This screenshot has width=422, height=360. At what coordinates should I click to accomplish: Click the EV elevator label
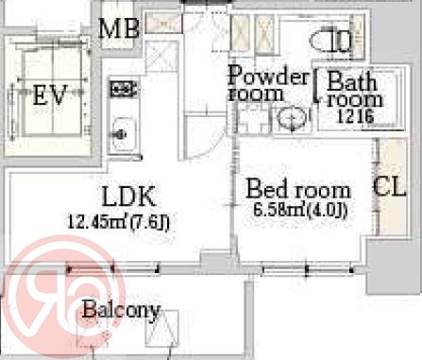pyautogui.click(x=50, y=95)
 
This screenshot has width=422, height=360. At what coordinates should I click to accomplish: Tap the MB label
pyautogui.click(x=119, y=28)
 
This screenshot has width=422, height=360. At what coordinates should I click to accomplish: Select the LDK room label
pyautogui.click(x=129, y=197)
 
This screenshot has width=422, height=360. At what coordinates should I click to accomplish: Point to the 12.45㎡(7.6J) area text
pyautogui.click(x=119, y=222)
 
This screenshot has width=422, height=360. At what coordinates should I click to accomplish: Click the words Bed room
pyautogui.click(x=298, y=189)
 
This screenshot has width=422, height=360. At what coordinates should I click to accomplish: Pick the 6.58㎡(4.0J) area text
pyautogui.click(x=300, y=211)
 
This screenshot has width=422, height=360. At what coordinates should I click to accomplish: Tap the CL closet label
pyautogui.click(x=390, y=187)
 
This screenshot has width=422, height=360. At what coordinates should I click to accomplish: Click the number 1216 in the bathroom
pyautogui.click(x=356, y=117)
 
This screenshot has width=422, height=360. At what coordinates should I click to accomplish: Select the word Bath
pyautogui.click(x=352, y=81)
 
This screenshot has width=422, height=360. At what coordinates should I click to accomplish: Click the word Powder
pyautogui.click(x=269, y=75)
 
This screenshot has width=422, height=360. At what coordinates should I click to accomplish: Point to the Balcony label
pyautogui.click(x=122, y=310)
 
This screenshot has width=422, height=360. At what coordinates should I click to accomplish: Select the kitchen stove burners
pyautogui.click(x=124, y=88)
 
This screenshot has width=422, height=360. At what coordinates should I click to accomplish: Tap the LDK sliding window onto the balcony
pyautogui.click(x=112, y=269)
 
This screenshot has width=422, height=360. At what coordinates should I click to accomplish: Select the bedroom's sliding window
pyautogui.click(x=308, y=269)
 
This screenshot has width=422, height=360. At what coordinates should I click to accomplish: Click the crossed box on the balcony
pyautogui.click(x=161, y=329)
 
